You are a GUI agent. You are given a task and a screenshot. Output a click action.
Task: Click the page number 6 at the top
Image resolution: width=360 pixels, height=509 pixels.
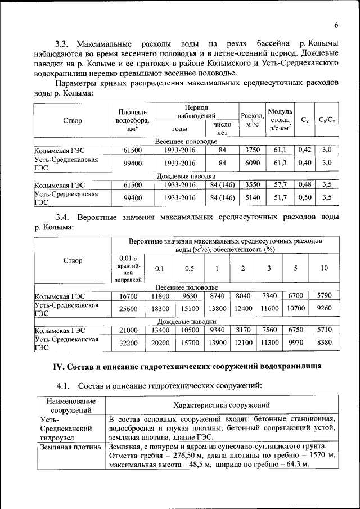click(x=336, y=25)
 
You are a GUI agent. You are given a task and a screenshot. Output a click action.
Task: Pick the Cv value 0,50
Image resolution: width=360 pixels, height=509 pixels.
click(x=304, y=198)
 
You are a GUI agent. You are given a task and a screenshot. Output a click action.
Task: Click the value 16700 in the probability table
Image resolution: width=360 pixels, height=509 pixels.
click(x=129, y=295)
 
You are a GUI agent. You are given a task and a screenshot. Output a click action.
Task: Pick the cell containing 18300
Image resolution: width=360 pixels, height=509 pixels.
click(x=160, y=309)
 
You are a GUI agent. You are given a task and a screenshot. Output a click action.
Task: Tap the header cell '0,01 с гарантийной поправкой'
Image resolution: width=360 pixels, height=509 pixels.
click(x=129, y=268)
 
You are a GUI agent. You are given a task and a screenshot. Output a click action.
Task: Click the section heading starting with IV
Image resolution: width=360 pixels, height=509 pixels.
click(x=187, y=367)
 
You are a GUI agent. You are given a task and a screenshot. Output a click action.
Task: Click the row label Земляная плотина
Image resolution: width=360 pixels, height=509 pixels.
click(x=68, y=447)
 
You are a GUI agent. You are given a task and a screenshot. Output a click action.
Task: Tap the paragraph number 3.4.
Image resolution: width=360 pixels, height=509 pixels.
click(x=62, y=217)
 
